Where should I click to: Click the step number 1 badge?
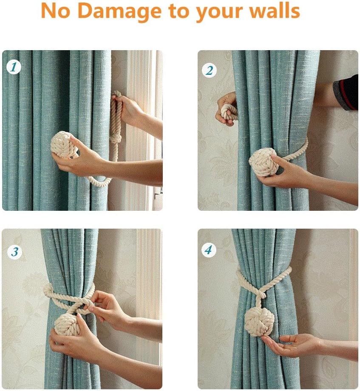click(14, 67)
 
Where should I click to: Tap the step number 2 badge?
click(209, 70)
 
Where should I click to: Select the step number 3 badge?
click(14, 252)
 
